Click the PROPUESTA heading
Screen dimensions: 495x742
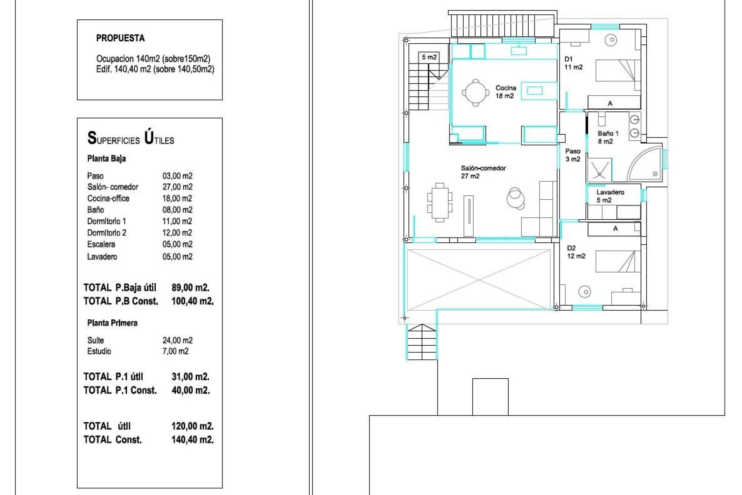pyautogui.click(x=120, y=38)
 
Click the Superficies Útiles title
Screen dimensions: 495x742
pyautogui.click(x=131, y=138)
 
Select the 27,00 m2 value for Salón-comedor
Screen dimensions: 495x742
pyautogui.click(x=177, y=187)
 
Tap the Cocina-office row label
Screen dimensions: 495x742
pyautogui.click(x=108, y=198)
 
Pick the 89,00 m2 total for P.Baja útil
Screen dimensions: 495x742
pyautogui.click(x=190, y=288)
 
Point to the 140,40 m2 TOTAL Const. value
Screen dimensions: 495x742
pyautogui.click(x=192, y=440)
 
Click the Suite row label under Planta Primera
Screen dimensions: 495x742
pyautogui.click(x=95, y=340)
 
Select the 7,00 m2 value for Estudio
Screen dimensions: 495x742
pyautogui.click(x=175, y=351)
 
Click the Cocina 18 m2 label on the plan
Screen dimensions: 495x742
pyautogui.click(x=505, y=92)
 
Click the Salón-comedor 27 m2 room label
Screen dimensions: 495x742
pyautogui.click(x=483, y=172)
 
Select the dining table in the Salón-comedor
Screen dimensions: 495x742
pyautogui.click(x=440, y=203)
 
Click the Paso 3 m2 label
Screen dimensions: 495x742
pyautogui.click(x=573, y=155)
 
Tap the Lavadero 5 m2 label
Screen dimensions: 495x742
pyautogui.click(x=609, y=196)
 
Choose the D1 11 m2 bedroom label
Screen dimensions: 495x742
pyautogui.click(x=573, y=63)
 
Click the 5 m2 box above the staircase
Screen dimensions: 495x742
pyautogui.click(x=429, y=57)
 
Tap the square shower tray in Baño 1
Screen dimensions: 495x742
pyautogui.click(x=600, y=169)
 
